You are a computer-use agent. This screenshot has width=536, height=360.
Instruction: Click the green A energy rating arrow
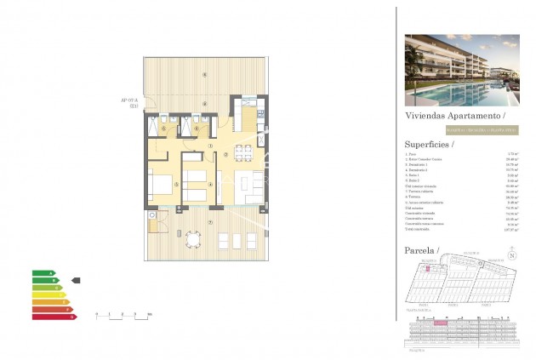[43, 272]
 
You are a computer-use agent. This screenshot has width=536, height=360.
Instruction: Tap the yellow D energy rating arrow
[49, 294]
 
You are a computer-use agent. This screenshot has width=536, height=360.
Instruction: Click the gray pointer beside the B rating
[76, 279]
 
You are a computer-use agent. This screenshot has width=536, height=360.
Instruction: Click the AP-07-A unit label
[129, 102]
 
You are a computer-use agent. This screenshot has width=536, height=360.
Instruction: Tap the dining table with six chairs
[242, 154]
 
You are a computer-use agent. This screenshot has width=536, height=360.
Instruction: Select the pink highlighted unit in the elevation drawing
[440, 323]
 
